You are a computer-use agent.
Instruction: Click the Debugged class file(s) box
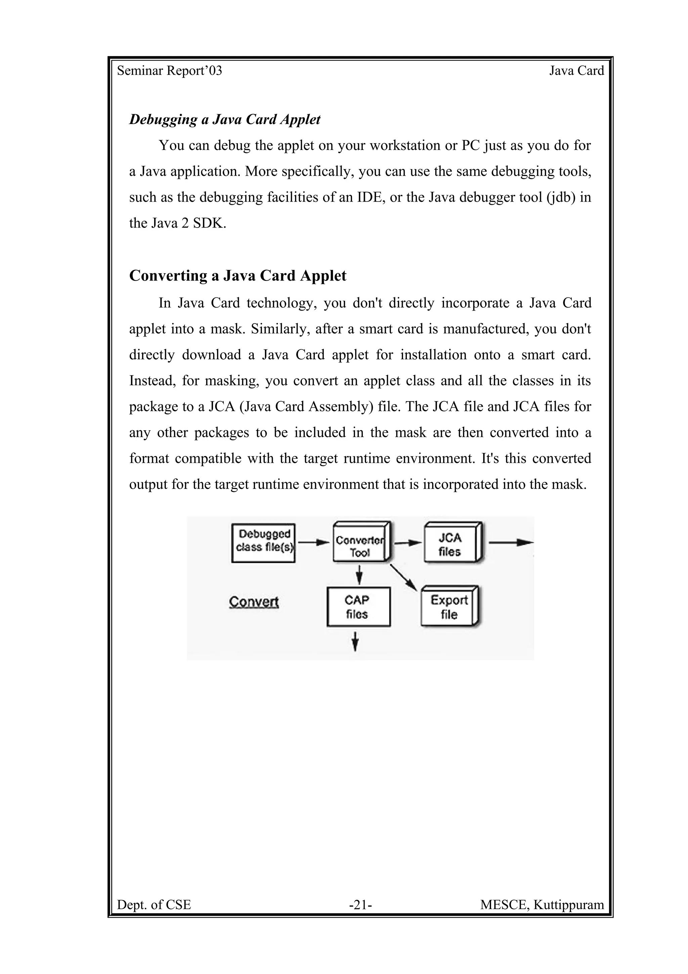(x=263, y=543)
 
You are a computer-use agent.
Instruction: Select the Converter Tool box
(x=360, y=542)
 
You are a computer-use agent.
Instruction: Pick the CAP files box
(x=358, y=607)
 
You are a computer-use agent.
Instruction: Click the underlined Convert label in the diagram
(x=254, y=602)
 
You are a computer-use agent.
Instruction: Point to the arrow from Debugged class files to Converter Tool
(x=313, y=542)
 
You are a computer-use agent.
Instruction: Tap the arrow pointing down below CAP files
(x=356, y=642)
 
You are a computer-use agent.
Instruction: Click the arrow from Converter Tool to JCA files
(x=408, y=542)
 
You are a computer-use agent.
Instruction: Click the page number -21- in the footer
(x=360, y=905)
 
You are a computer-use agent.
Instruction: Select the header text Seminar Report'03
(x=170, y=71)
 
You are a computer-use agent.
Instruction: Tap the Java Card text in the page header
(x=576, y=71)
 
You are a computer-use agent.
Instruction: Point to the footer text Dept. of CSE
(x=154, y=905)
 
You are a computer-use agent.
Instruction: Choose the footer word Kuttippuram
(x=568, y=905)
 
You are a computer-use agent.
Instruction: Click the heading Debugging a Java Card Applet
(x=225, y=120)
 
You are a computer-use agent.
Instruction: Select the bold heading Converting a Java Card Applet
(x=238, y=276)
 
